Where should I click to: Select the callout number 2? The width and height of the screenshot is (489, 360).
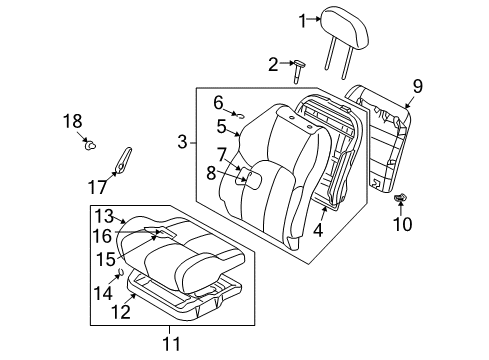pos(246,66)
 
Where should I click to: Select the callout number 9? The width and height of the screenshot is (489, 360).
pos(418,86)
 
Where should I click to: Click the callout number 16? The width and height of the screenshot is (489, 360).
pos(102,235)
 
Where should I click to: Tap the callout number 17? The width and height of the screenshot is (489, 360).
pos(98,185)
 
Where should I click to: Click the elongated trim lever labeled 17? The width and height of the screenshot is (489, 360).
pos(125,158)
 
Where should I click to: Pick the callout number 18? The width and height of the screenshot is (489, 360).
pos(72,121)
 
